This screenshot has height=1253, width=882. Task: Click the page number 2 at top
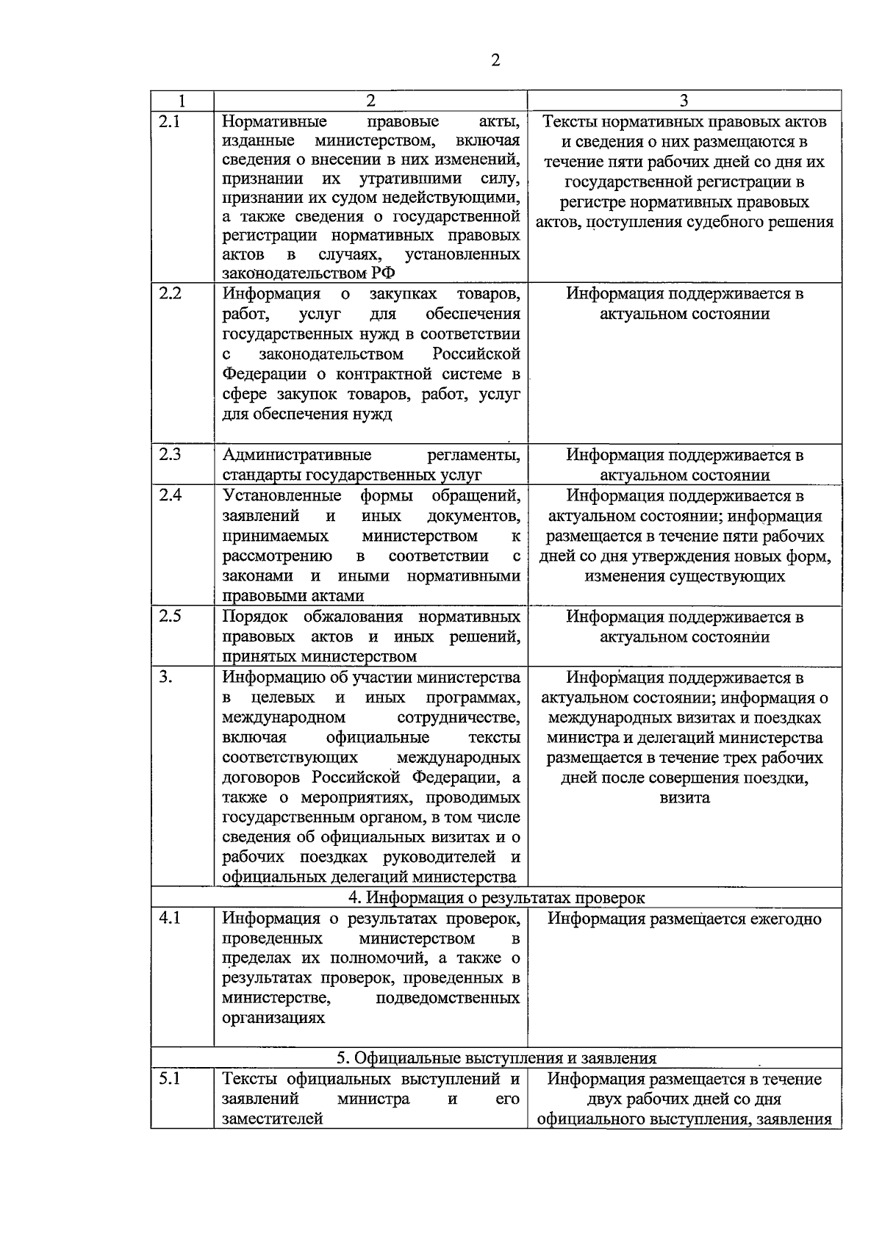(495, 61)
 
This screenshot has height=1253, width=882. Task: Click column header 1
(182, 101)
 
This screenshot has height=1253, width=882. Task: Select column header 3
(684, 101)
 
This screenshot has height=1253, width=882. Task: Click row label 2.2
(171, 293)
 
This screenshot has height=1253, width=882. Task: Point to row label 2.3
(171, 454)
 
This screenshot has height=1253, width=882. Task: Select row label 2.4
(171, 495)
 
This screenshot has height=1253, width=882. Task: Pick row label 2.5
(171, 616)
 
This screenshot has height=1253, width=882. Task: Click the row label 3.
(165, 677)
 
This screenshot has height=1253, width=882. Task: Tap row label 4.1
(171, 918)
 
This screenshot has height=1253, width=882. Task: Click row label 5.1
(170, 1079)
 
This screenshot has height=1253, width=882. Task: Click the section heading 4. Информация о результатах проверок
(496, 897)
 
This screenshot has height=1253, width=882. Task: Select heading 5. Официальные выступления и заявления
(496, 1058)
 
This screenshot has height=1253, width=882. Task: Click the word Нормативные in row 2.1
(275, 121)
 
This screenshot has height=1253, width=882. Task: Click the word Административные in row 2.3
(297, 454)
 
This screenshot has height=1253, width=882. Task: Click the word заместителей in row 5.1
(273, 1119)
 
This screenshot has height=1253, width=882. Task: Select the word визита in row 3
(684, 798)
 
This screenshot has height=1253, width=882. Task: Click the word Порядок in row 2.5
(255, 616)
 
